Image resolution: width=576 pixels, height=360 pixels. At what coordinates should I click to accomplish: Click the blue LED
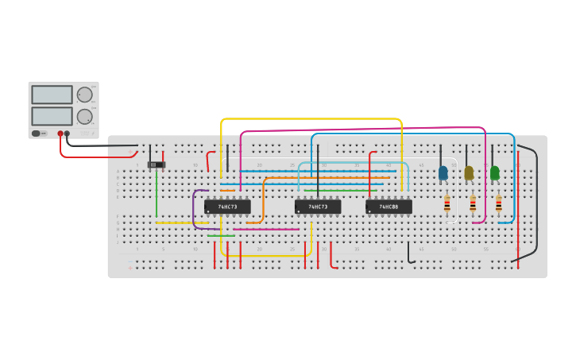point(443,172)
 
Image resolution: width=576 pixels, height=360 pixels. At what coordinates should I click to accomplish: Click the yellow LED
point(469,172)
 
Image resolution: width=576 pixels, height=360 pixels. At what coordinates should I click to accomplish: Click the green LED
point(495,172)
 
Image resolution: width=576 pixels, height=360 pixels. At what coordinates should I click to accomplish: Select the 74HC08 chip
point(389,207)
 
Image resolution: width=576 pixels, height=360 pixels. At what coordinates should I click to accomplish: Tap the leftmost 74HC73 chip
point(227,207)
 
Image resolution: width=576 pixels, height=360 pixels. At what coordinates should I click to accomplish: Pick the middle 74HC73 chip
point(318,207)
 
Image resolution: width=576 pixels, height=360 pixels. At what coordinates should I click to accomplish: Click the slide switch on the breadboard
point(157,165)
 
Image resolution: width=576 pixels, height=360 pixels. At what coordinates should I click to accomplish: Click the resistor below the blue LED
point(446,204)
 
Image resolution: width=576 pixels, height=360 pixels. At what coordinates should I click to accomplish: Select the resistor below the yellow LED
point(473,204)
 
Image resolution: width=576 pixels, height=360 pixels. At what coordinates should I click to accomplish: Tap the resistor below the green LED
point(498,204)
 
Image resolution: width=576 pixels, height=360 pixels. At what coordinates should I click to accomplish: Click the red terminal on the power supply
point(60,134)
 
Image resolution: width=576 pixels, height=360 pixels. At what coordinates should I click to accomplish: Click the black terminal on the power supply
point(67,134)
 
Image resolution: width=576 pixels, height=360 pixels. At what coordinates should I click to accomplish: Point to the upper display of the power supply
point(52,95)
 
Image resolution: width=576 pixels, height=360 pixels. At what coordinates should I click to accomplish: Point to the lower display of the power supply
point(52,116)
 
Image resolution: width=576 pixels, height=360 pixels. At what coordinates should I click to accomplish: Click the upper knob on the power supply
point(84,95)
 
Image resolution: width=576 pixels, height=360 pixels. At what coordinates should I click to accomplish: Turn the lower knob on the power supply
point(84,117)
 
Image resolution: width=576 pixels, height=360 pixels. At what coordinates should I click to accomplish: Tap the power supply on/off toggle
point(37,134)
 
